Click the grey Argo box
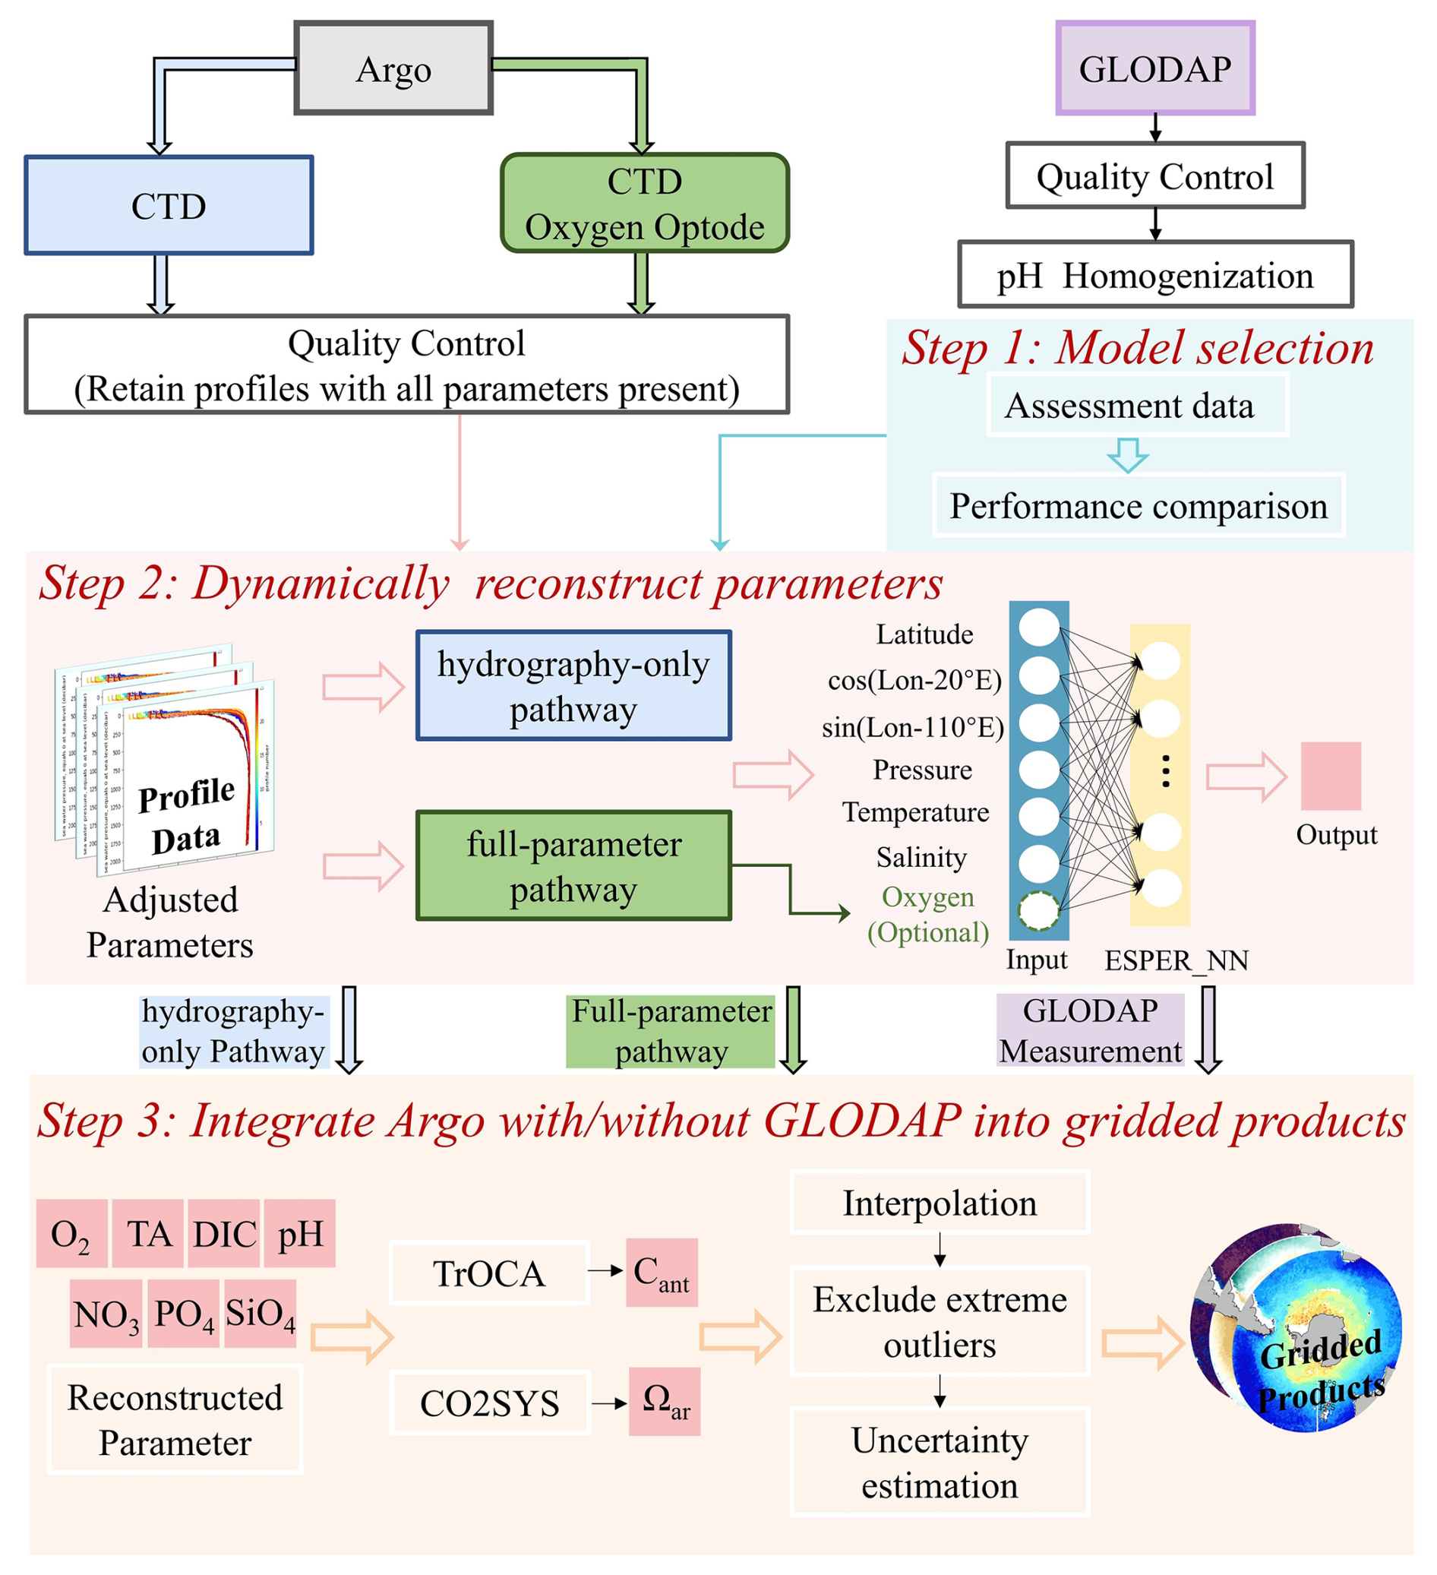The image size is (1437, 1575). [x=393, y=68]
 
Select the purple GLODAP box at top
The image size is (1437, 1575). [x=1154, y=68]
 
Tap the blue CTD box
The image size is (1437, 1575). [x=169, y=205]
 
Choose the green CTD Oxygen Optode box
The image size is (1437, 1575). [x=644, y=203]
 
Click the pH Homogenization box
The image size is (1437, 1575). [x=1154, y=275]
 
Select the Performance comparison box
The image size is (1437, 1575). [x=1138, y=505]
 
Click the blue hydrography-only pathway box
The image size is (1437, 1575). [x=573, y=686]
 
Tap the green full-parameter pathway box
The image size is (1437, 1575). [x=573, y=865]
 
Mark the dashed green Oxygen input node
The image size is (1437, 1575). [x=1038, y=910]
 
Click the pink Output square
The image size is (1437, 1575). [x=1330, y=776]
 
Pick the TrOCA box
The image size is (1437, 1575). [x=489, y=1273]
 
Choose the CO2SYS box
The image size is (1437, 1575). [x=490, y=1403]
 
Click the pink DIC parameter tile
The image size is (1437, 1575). [x=224, y=1235]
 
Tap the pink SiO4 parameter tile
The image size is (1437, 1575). [x=260, y=1314]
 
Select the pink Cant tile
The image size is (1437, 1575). [x=662, y=1273]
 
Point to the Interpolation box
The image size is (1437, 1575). [x=940, y=1203]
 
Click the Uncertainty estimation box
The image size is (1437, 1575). [x=940, y=1463]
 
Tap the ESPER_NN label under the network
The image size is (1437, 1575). [x=1176, y=960]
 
